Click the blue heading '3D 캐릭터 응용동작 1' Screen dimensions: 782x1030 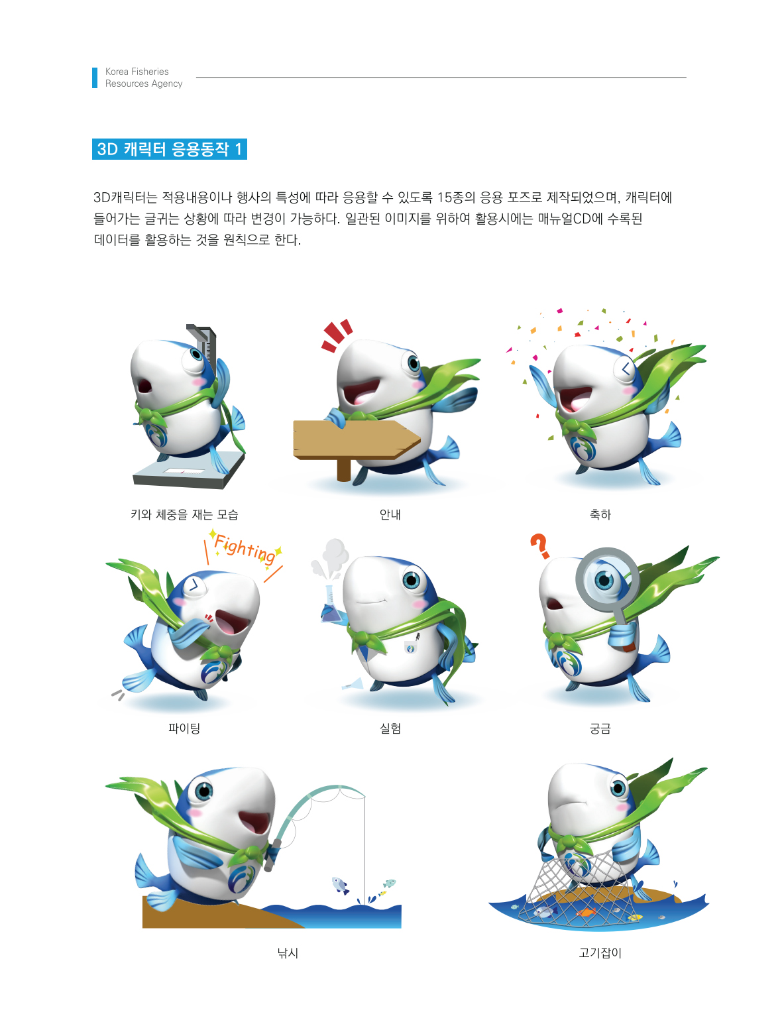pos(169,149)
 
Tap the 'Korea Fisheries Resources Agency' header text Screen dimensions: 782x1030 pos(144,78)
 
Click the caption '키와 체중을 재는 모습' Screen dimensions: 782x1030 pos(184,515)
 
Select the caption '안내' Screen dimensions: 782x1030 pos(390,515)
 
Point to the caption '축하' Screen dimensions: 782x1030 pos(600,515)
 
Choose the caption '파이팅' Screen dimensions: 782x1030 pos(184,728)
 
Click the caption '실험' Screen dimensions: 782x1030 pos(390,728)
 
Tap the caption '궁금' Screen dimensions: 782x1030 pos(600,728)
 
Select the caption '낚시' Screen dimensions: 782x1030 pos(288,952)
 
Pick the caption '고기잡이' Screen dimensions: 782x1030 pos(600,952)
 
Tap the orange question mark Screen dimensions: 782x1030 pos(540,546)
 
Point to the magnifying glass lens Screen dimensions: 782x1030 pos(607,580)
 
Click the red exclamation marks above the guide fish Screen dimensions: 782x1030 pos(337,335)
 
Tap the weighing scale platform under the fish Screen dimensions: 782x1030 pos(188,470)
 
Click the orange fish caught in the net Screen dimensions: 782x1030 pos(586,912)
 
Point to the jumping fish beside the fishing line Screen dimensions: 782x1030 pos(339,885)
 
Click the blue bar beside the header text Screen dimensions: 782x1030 pos(95,78)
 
